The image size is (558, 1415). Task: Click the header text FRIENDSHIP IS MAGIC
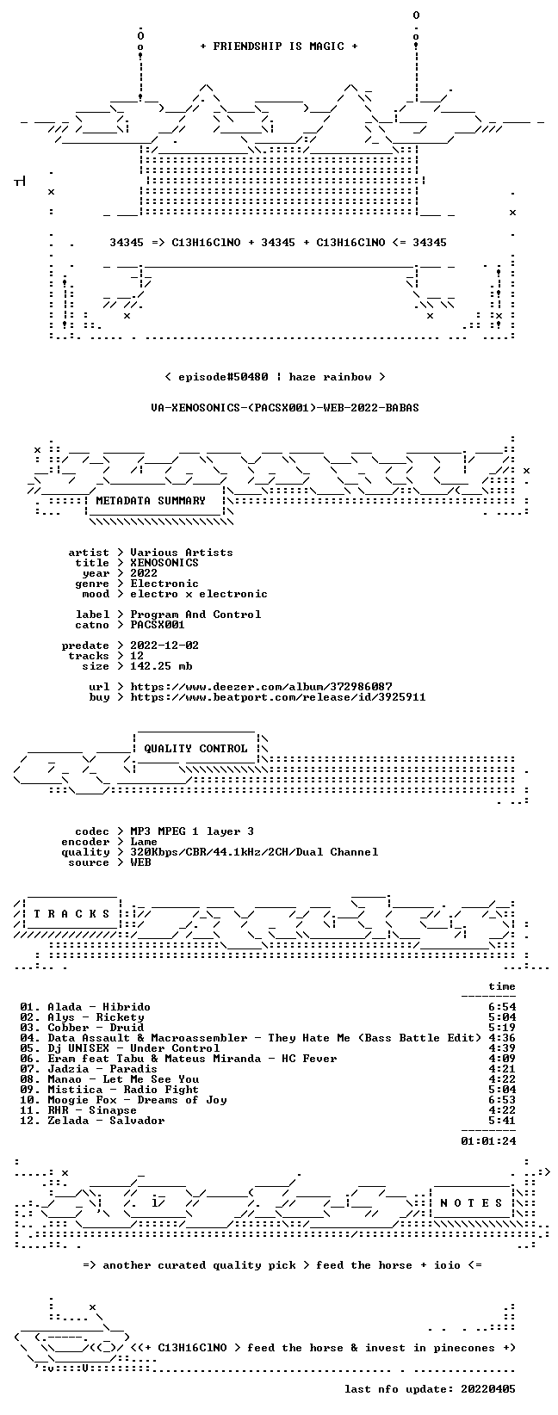pos(279,46)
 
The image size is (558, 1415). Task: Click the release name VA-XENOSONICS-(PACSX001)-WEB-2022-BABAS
pos(284,408)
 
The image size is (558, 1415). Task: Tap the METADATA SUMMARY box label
pos(151,501)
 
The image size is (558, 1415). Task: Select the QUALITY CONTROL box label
pos(195,749)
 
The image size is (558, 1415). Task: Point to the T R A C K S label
pos(71,914)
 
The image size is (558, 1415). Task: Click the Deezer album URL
pos(261,687)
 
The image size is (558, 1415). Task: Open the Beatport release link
pos(278,697)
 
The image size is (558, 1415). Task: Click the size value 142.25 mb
pos(161,666)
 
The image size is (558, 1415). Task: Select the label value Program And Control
pos(195,615)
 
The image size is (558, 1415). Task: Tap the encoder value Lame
pos(144,842)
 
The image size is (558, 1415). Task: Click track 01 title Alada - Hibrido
pos(98,1007)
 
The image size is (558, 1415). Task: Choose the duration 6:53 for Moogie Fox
pos(502,1100)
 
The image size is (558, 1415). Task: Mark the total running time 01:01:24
pos(488,1140)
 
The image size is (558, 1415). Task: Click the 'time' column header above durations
pos(502,986)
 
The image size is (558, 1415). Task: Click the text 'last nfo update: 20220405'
pos(430,1389)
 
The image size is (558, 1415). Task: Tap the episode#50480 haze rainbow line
pos(275,377)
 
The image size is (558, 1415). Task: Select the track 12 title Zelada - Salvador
pos(106,1121)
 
